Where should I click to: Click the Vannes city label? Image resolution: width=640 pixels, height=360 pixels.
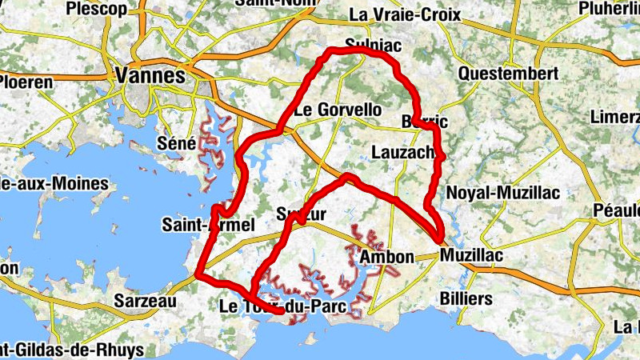[150, 76]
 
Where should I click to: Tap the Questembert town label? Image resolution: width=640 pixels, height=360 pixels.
[508, 74]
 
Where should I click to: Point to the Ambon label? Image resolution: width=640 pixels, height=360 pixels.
[387, 258]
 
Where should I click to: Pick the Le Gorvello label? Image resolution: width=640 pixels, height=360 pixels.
[338, 110]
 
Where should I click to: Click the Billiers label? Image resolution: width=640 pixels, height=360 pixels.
[466, 298]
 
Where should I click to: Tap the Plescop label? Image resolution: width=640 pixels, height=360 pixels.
[97, 9]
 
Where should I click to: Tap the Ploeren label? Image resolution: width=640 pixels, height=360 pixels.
[26, 82]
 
